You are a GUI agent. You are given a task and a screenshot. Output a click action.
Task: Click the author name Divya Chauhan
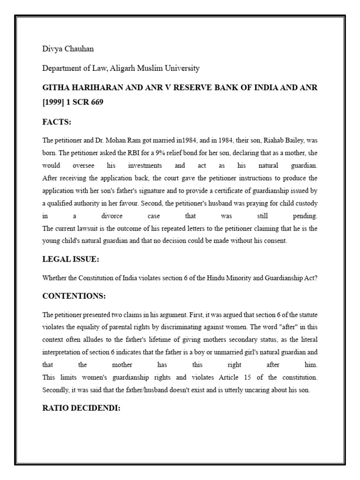click(64, 49)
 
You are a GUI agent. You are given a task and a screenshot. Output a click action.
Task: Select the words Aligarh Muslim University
click(155, 68)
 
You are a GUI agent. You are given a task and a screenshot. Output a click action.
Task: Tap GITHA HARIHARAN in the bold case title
click(76, 88)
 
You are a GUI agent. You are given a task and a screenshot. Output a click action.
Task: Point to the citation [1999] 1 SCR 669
click(73, 102)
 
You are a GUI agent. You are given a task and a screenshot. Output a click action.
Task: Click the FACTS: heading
click(57, 122)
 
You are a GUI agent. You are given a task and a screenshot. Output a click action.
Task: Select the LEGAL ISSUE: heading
click(70, 259)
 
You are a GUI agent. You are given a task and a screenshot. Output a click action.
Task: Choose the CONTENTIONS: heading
click(74, 296)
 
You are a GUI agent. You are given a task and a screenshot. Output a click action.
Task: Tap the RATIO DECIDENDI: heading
click(81, 407)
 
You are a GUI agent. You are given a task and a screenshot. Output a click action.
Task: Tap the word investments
click(145, 166)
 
